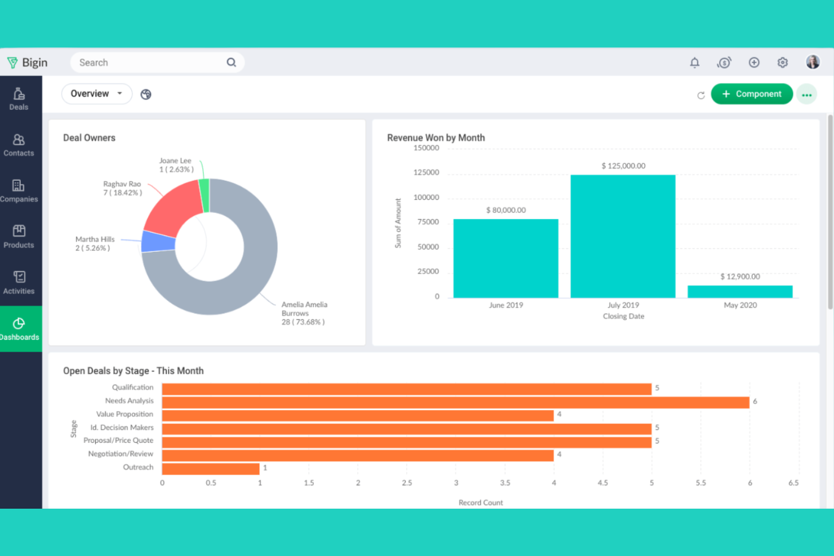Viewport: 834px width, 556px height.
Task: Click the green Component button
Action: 751,94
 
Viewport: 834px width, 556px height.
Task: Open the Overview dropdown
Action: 96,94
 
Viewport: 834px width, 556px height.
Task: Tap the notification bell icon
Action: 694,63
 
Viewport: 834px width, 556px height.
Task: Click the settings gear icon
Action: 782,63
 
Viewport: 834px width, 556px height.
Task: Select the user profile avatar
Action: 812,62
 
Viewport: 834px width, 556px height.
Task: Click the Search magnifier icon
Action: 231,63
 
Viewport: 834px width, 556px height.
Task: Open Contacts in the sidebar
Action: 19,145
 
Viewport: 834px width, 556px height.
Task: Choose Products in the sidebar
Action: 19,237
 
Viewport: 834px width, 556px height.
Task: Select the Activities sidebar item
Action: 19,283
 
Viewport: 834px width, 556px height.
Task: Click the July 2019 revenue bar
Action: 623,237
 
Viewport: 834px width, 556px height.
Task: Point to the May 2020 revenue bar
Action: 740,292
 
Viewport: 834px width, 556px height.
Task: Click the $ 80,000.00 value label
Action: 505,210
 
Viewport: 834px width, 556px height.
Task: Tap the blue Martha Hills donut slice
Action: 157,242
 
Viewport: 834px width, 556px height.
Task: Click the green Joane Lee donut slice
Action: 205,195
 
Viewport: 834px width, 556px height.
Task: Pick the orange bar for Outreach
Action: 210,469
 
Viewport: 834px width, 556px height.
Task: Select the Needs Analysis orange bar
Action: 455,402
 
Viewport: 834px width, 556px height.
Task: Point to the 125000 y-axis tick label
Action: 426,172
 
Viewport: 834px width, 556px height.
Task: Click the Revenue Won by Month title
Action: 436,137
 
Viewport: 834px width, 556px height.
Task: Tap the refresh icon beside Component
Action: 700,95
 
